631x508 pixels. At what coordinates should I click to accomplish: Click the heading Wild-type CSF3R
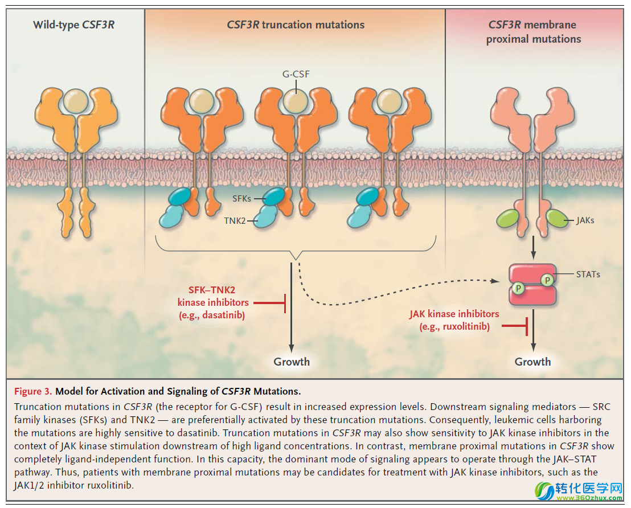click(x=73, y=24)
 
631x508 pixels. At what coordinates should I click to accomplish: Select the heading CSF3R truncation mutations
click(x=296, y=24)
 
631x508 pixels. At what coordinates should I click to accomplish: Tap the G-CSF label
click(x=296, y=74)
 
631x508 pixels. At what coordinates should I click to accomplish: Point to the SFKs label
click(x=241, y=198)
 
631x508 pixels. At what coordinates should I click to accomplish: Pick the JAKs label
click(x=585, y=220)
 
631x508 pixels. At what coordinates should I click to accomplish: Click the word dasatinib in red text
click(x=224, y=314)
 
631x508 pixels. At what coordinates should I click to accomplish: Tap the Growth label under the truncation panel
click(x=292, y=362)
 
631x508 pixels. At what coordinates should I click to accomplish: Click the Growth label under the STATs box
click(x=532, y=362)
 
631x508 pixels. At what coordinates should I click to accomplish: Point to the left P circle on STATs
click(x=518, y=289)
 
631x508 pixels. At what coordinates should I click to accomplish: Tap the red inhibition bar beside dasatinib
click(x=284, y=303)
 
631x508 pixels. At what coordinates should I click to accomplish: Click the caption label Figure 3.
click(x=33, y=391)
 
